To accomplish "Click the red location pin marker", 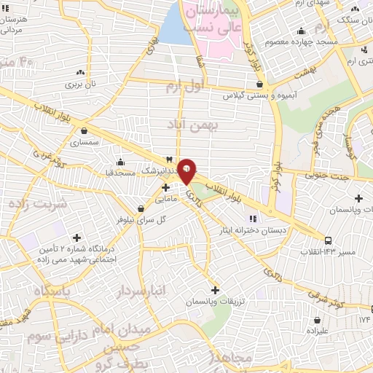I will coord(187,170).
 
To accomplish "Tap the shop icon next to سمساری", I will coord(86,132).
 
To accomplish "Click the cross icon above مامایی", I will coord(166,187).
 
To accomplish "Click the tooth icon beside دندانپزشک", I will coord(170,159).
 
